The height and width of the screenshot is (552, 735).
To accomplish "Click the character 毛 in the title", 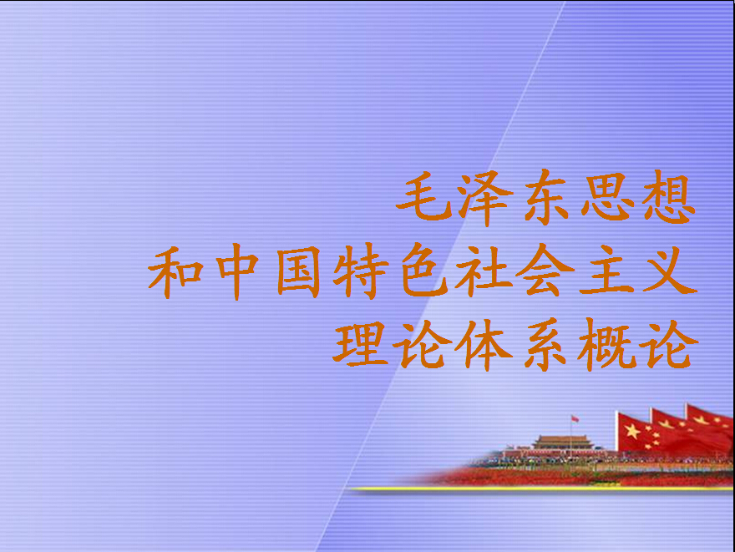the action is (x=424, y=196).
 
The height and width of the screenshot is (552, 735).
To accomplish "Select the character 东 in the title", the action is (x=546, y=196).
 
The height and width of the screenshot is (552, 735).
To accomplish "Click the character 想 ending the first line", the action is (x=669, y=197).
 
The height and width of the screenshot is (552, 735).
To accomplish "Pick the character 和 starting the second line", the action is (x=175, y=271).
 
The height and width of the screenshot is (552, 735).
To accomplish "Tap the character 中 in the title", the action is (x=237, y=271).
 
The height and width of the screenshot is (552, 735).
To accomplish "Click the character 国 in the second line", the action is (x=299, y=271).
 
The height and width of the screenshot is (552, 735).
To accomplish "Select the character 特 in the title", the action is (x=361, y=271).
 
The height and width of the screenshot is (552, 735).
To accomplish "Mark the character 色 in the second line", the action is (x=423, y=271).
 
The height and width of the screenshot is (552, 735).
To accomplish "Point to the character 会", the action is (x=545, y=271).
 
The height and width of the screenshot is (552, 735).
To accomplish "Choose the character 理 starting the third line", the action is (x=360, y=345).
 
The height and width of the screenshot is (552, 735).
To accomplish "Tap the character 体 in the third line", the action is (x=484, y=345).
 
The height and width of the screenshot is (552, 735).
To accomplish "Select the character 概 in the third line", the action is (x=606, y=345).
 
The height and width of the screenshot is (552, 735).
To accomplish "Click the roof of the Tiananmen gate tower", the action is (x=562, y=440).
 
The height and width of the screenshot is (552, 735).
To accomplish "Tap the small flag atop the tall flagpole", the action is (x=575, y=418).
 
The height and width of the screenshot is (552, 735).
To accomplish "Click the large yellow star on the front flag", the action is (x=632, y=431).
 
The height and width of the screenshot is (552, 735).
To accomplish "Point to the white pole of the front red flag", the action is (x=617, y=432).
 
